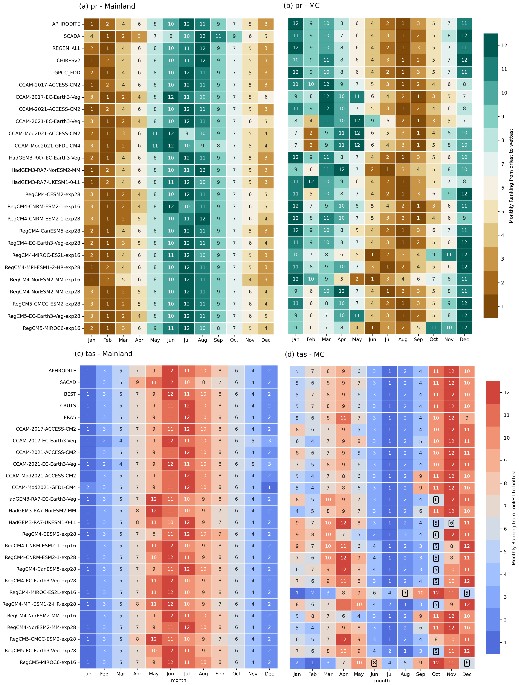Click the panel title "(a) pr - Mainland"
107,6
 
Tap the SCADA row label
72,36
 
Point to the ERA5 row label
70,418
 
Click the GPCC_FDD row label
67,73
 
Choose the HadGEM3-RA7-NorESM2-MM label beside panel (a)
46,170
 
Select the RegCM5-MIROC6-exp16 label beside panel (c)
48,662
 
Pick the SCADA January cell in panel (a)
92,36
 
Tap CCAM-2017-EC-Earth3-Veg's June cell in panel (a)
171,97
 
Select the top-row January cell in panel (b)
296,24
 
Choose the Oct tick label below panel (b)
434,339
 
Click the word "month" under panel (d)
382,681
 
